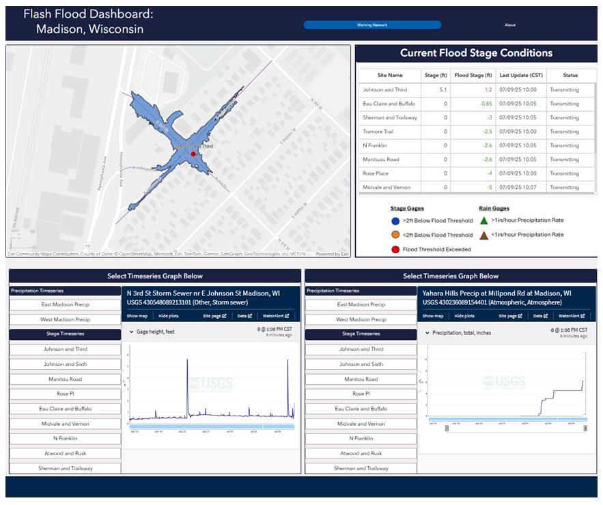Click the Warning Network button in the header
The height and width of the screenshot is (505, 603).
pyautogui.click(x=372, y=25)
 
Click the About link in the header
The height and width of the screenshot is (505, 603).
pyautogui.click(x=510, y=25)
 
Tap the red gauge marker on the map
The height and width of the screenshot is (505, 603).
pyautogui.click(x=193, y=154)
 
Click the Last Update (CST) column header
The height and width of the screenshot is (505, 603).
pyautogui.click(x=520, y=75)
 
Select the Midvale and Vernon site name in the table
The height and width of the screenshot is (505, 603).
pyautogui.click(x=389, y=187)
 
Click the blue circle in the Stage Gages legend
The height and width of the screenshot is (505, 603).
pyautogui.click(x=395, y=220)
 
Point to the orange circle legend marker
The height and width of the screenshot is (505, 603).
pyautogui.click(x=395, y=235)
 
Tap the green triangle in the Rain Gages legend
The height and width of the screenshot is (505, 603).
pyautogui.click(x=483, y=220)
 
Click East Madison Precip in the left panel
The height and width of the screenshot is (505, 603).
pyautogui.click(x=66, y=304)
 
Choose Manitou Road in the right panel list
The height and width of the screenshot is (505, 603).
pyautogui.click(x=361, y=379)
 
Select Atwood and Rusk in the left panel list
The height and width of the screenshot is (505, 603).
pyautogui.click(x=66, y=453)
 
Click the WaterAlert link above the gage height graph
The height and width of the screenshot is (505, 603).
pyautogui.click(x=277, y=316)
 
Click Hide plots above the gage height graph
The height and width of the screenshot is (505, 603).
pyautogui.click(x=168, y=316)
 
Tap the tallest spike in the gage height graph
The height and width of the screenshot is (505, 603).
pyautogui.click(x=187, y=360)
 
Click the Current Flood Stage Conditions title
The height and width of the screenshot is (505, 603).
pyautogui.click(x=476, y=53)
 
